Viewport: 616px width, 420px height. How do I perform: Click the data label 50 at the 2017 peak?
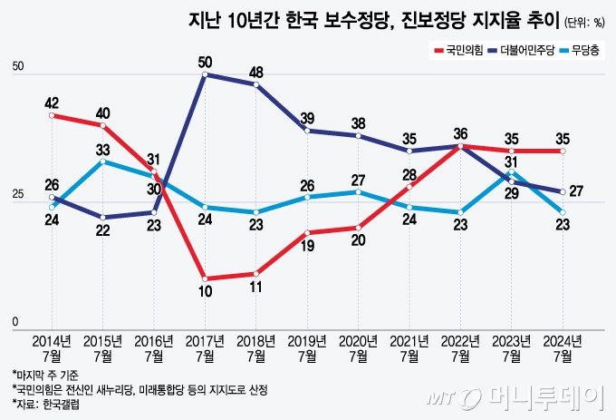[x=206, y=62]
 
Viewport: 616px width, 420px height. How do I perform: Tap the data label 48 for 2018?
[x=256, y=72]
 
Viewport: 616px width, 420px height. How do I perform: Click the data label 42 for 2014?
[x=53, y=103]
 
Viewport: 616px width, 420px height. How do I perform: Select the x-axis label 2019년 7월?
[x=308, y=347]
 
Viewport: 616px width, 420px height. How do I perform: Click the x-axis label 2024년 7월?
[x=563, y=347]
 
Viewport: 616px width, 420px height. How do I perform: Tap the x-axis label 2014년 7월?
[x=53, y=347]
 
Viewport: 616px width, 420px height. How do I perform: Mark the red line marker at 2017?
[x=206, y=278]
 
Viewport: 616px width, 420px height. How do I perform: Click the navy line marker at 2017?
[x=206, y=74]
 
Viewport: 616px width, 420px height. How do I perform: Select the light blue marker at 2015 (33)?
[x=103, y=161]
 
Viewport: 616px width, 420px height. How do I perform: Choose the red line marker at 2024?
[x=563, y=151]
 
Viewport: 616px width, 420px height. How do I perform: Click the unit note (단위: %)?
[x=584, y=22]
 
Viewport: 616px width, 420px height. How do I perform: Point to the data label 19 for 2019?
[x=308, y=245]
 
